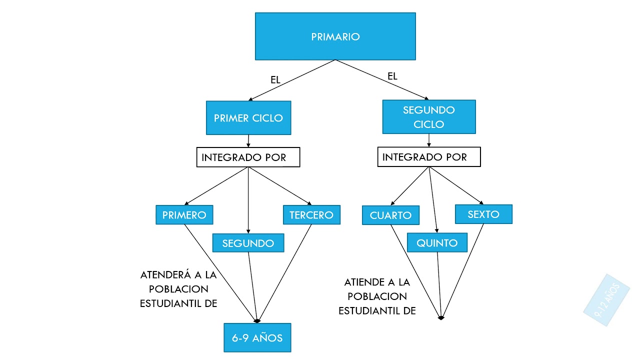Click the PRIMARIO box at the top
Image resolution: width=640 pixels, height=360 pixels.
pyautogui.click(x=335, y=36)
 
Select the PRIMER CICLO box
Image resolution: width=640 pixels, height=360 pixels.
pyautogui.click(x=248, y=118)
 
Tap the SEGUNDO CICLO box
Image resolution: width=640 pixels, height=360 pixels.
pyautogui.click(x=429, y=117)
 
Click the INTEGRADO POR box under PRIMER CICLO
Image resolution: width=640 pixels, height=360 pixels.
pyautogui.click(x=248, y=157)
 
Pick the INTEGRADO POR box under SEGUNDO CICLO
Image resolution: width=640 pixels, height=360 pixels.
pyautogui.click(x=429, y=157)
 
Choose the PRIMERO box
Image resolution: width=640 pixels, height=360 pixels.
pyautogui.click(x=184, y=215)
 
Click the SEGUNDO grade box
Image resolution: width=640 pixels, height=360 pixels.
pyautogui.click(x=248, y=243)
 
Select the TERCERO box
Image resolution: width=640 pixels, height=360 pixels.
pyautogui.click(x=311, y=215)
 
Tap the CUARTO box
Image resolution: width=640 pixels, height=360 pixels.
pyautogui.click(x=390, y=215)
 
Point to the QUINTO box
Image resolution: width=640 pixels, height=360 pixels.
pyautogui.click(x=437, y=243)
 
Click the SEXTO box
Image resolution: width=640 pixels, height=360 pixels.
pyautogui.click(x=483, y=214)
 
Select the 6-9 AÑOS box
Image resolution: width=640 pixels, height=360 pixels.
pyautogui.click(x=257, y=338)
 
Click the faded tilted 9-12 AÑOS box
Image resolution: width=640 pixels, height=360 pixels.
pyautogui.click(x=606, y=300)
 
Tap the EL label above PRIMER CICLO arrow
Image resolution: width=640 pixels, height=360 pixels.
pyautogui.click(x=275, y=79)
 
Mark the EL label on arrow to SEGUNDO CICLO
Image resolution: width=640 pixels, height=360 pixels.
pyautogui.click(x=392, y=76)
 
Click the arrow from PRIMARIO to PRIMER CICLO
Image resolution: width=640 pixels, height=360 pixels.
pyautogui.click(x=292, y=80)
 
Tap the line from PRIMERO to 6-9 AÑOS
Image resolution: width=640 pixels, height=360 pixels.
pyautogui.click(x=220, y=272)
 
